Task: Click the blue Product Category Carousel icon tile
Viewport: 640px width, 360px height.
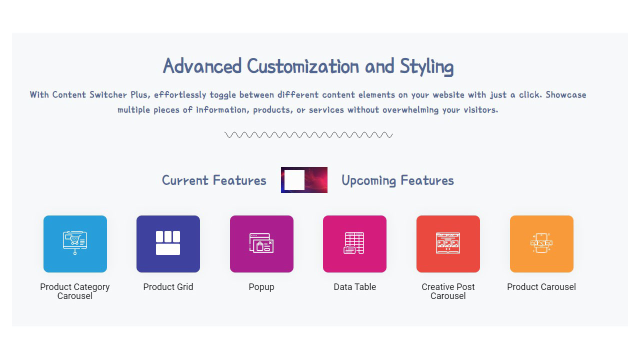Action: pyautogui.click(x=75, y=244)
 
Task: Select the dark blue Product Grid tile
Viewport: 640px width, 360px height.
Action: pyautogui.click(x=168, y=244)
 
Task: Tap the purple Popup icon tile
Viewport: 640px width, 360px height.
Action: pyautogui.click(x=261, y=244)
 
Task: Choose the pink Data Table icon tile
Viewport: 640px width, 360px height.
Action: pyautogui.click(x=354, y=244)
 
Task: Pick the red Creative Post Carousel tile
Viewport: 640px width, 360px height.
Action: pyautogui.click(x=448, y=244)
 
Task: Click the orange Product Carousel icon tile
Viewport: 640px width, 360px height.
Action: pyautogui.click(x=541, y=244)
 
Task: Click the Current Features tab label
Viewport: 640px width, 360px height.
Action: pyautogui.click(x=214, y=180)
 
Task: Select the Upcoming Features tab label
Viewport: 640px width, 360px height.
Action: pyautogui.click(x=397, y=180)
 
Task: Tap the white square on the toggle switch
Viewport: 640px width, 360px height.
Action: pyautogui.click(x=294, y=180)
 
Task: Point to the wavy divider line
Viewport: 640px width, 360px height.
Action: pyautogui.click(x=308, y=134)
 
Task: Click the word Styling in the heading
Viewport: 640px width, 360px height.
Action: pyautogui.click(x=426, y=66)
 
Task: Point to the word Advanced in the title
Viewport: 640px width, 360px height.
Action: pyautogui.click(x=202, y=66)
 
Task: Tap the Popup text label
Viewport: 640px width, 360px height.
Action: pyautogui.click(x=261, y=287)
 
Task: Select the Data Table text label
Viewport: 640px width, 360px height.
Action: pyautogui.click(x=354, y=287)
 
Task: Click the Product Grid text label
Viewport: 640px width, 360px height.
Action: pyautogui.click(x=168, y=287)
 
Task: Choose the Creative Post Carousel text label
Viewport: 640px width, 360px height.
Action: pyautogui.click(x=448, y=291)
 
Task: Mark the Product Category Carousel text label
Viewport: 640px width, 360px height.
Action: pyautogui.click(x=75, y=291)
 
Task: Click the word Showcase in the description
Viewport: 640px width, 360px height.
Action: pyautogui.click(x=565, y=94)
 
